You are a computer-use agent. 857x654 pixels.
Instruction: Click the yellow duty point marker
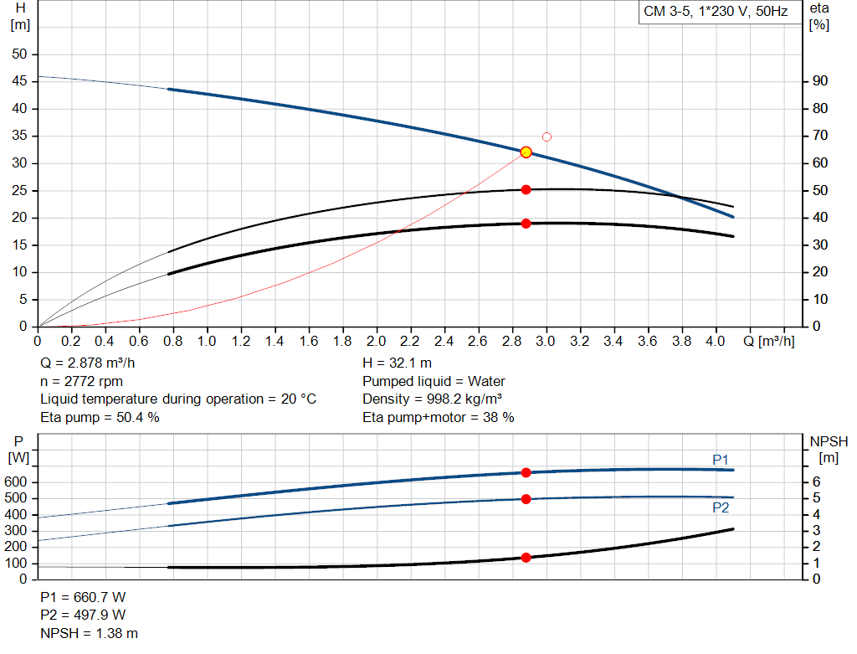click(526, 152)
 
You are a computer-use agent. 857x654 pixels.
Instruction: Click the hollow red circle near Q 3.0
click(547, 136)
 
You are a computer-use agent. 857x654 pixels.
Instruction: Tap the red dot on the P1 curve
click(526, 472)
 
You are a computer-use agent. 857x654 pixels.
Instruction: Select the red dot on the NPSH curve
click(526, 558)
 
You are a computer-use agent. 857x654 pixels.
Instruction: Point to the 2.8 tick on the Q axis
click(512, 342)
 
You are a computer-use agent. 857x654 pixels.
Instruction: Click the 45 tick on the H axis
click(19, 81)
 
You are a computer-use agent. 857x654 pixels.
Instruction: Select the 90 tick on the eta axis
click(820, 81)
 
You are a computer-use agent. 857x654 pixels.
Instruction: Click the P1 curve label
click(721, 459)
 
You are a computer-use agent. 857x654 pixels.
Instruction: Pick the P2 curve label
click(721, 507)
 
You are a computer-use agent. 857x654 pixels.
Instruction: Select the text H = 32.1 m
click(398, 363)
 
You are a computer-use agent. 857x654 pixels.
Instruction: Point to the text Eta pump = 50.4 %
click(100, 417)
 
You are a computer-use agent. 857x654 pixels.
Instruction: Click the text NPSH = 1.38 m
click(90, 633)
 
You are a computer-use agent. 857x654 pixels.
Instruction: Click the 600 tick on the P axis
click(18, 482)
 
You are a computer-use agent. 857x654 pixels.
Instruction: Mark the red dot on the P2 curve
click(526, 499)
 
